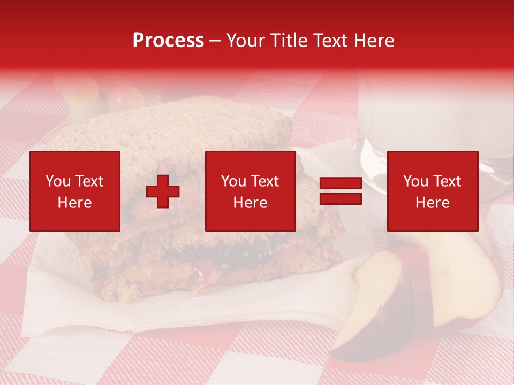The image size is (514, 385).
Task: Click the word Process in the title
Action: [168, 41]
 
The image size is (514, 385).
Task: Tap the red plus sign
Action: [163, 191]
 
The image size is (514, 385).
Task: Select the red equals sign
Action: [341, 191]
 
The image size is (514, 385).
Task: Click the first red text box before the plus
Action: [74, 191]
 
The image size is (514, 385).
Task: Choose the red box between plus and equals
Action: [250, 191]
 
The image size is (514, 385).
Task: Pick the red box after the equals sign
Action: [432, 191]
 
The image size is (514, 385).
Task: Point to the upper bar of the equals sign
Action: [341, 183]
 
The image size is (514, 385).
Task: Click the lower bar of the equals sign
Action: [341, 199]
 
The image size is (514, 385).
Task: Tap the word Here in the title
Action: [374, 41]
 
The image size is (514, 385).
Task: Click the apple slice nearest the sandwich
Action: [375, 299]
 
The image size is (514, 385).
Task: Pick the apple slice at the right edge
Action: [471, 278]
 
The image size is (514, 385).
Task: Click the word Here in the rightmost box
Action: [432, 203]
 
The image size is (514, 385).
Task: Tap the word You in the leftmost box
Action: [57, 181]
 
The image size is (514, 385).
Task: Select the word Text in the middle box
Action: [265, 181]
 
